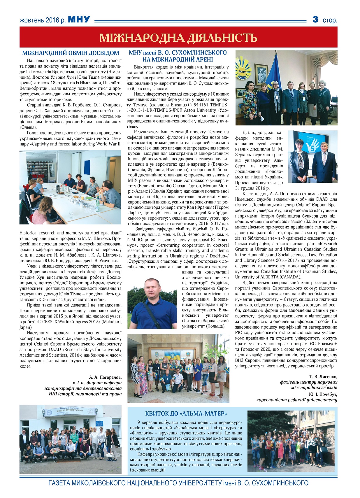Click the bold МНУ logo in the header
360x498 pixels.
tap(79, 20)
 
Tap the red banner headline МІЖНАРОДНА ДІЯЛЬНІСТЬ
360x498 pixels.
tap(178, 38)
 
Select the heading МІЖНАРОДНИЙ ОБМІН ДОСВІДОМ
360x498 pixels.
tap(71, 53)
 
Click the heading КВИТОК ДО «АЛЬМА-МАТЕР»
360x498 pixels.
tap(186, 413)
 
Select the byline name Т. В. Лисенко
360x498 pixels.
tap(323, 376)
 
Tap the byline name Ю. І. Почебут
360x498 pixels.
tap(323, 394)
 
